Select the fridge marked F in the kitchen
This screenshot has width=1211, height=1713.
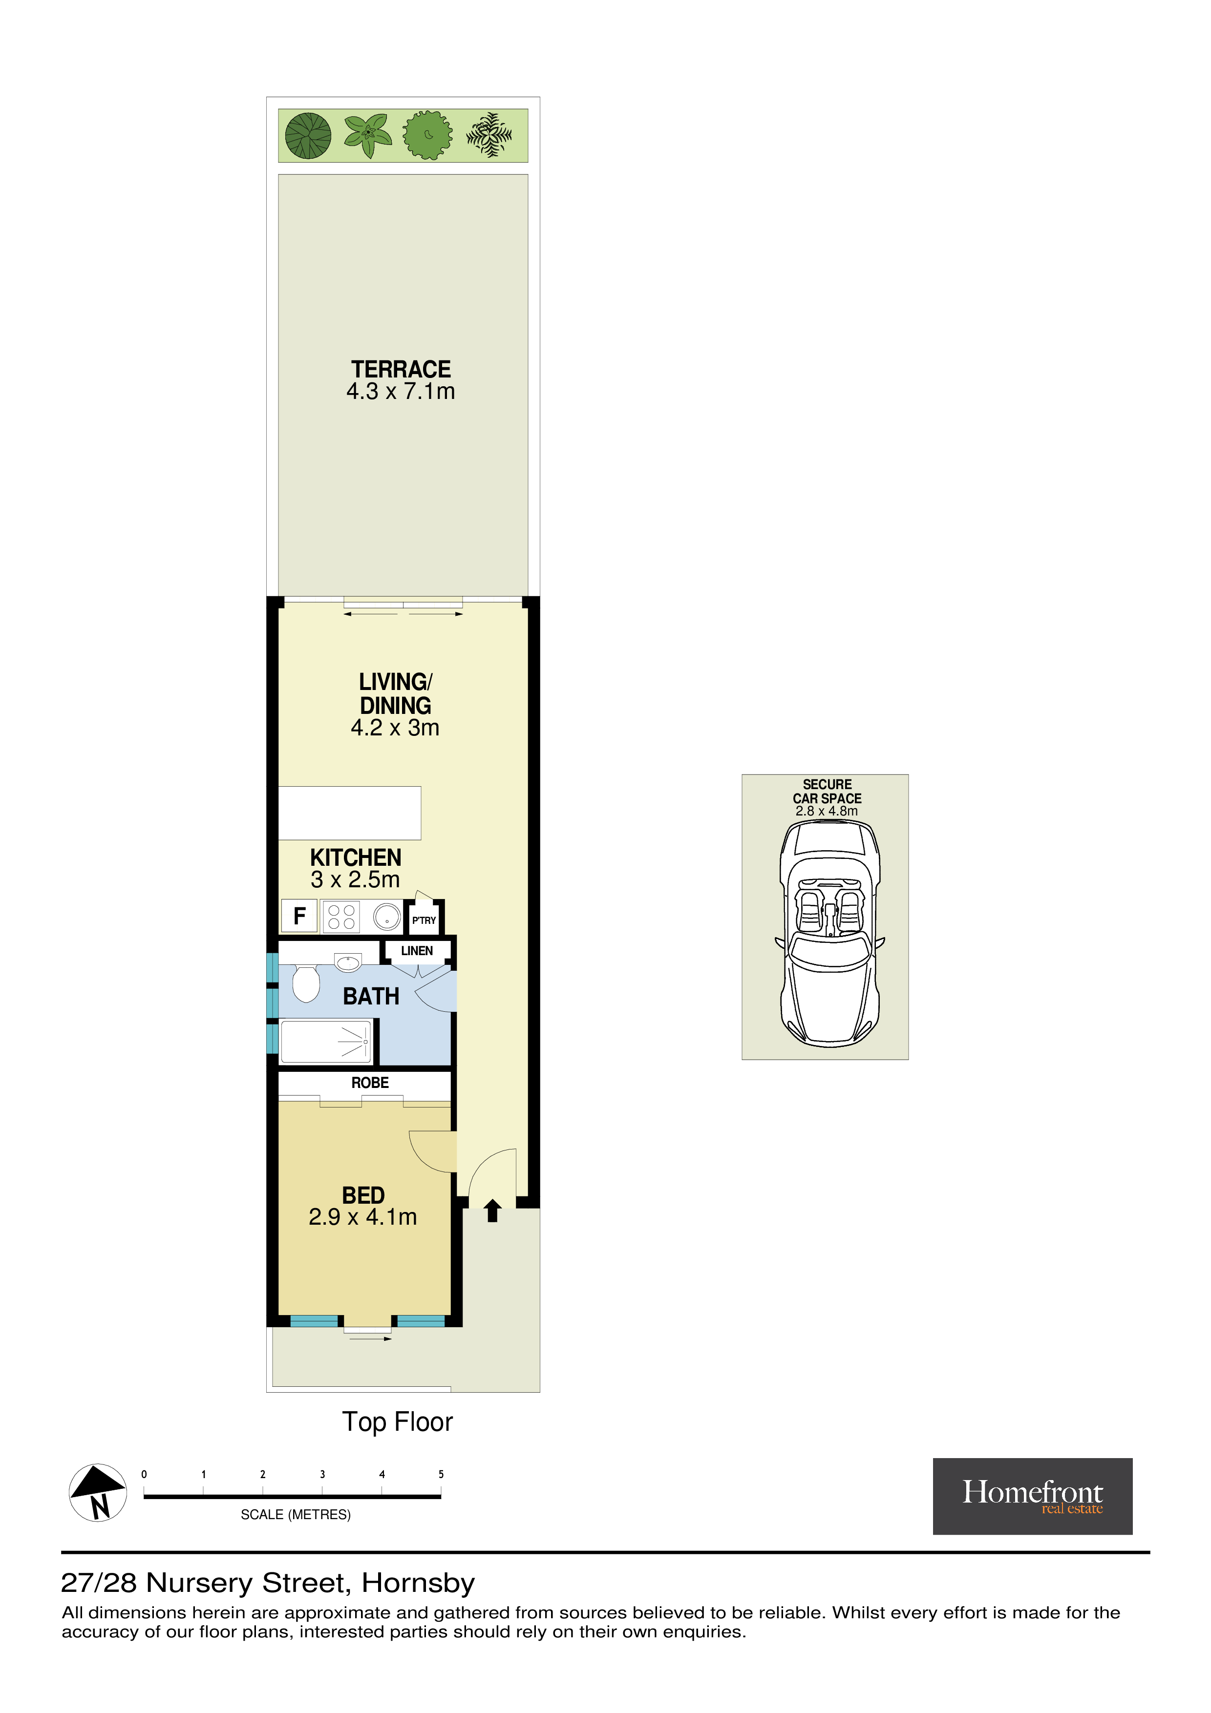tap(299, 916)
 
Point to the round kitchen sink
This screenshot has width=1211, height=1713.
tap(386, 916)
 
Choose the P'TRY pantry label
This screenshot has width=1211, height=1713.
tap(424, 920)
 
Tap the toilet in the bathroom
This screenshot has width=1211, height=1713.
tap(306, 983)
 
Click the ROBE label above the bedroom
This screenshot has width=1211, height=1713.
tap(370, 1083)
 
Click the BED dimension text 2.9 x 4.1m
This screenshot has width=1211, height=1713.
tap(362, 1217)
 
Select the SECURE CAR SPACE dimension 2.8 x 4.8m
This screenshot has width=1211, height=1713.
tap(826, 811)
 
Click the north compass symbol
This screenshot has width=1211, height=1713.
tap(98, 1492)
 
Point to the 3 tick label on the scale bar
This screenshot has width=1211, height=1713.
tap(322, 1474)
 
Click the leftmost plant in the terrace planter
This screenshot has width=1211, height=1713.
tap(308, 136)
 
